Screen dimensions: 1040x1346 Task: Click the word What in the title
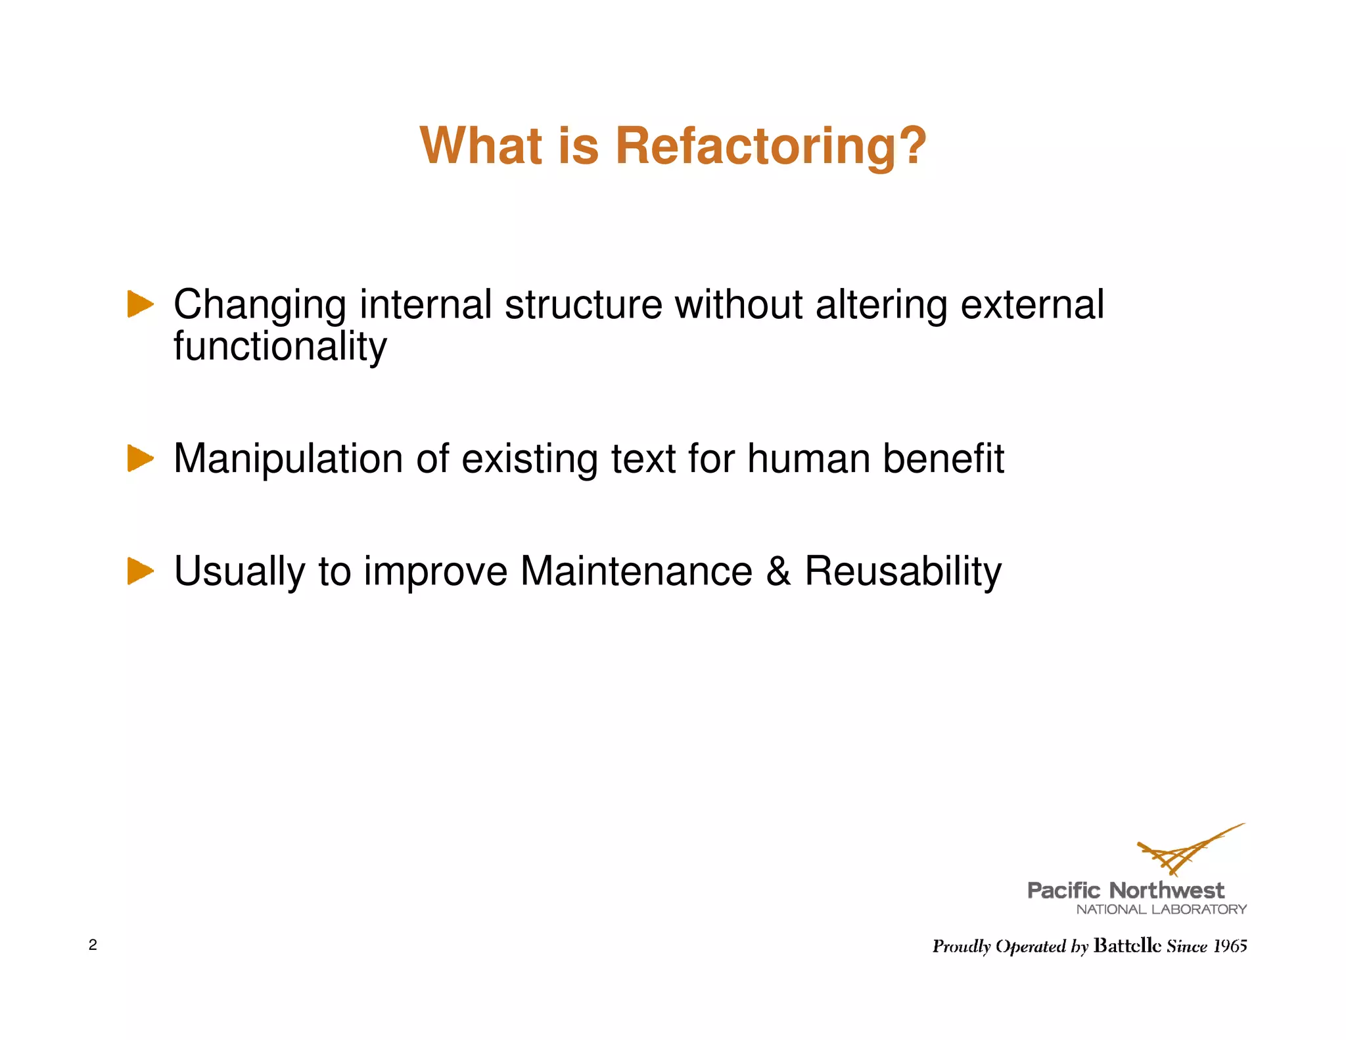[x=481, y=146]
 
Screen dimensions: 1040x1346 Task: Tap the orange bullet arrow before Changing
[x=140, y=304]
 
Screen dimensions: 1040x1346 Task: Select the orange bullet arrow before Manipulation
[x=140, y=458]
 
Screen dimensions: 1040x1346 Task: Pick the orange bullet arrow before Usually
[x=140, y=571]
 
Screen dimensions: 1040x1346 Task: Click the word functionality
[x=280, y=346]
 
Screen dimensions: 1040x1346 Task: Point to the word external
[x=1032, y=305]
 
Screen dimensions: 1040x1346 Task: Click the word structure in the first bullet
[x=583, y=305]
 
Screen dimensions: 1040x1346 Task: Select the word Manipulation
[x=287, y=459]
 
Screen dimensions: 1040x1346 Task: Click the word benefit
[x=943, y=458]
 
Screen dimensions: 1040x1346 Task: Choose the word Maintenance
[x=636, y=571]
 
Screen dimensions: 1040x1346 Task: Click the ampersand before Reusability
[x=778, y=571]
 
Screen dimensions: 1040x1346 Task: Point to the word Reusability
[x=903, y=572]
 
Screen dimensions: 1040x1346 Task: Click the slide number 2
[x=93, y=945]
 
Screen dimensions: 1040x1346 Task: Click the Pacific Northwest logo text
[x=1125, y=891]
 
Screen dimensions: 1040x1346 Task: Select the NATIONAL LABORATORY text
[x=1161, y=910]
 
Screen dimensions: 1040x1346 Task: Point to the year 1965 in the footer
[x=1230, y=946]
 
